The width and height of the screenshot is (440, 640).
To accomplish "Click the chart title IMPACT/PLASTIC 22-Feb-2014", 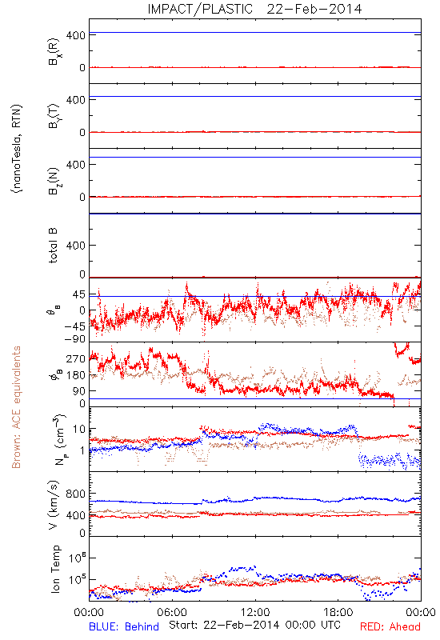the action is pos(254,9).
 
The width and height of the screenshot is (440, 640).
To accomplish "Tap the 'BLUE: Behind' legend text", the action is pos(124,626).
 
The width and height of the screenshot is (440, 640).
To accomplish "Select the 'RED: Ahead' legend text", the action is pos(390,626).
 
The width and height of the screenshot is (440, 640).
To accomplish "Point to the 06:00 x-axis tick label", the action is pos(172,612).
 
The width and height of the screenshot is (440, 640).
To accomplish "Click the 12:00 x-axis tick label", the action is pos(255,612).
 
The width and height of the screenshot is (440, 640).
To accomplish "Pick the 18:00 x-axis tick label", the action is pos(338,612).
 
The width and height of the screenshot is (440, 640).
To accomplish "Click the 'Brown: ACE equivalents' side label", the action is pos(16,407).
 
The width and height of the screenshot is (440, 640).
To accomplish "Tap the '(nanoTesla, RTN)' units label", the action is pos(17,149).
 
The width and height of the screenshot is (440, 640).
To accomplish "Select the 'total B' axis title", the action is pos(53,246).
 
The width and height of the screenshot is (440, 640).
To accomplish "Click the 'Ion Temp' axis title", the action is pos(55,569).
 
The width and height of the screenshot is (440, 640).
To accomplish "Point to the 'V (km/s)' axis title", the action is pos(54,506).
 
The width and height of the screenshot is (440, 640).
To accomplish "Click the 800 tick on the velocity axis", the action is pos(75,494).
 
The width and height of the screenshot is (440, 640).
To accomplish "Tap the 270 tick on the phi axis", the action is pos(75,359).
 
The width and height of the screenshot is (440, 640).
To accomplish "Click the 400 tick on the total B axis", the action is pos(75,246).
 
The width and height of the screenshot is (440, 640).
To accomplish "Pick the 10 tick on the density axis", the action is pos(78,429).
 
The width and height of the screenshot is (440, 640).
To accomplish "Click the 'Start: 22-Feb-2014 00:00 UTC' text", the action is pos(254,625).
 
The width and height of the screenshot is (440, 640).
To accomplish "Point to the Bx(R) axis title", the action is pos(54,51).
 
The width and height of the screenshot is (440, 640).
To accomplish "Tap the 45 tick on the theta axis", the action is pos(79,294).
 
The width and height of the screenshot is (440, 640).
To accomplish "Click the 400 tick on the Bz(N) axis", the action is pos(75,165).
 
